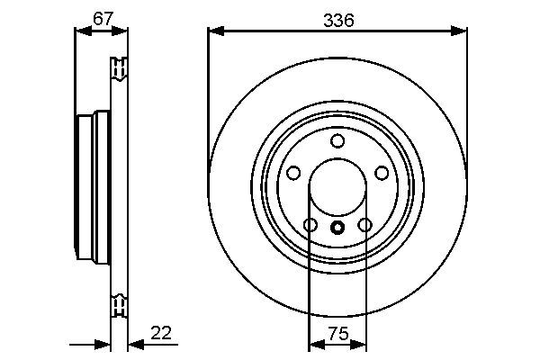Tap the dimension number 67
click(102, 17)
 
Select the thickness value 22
click(163, 334)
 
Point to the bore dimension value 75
click(337, 334)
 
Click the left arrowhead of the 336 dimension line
click(213, 31)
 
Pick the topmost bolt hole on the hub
click(337, 140)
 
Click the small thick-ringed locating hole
click(337, 227)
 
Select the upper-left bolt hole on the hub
click(292, 174)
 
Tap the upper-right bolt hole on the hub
click(382, 174)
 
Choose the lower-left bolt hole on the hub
click(310, 225)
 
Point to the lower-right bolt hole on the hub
click(364, 225)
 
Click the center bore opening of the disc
click(337, 189)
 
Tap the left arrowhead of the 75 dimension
click(314, 343)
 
